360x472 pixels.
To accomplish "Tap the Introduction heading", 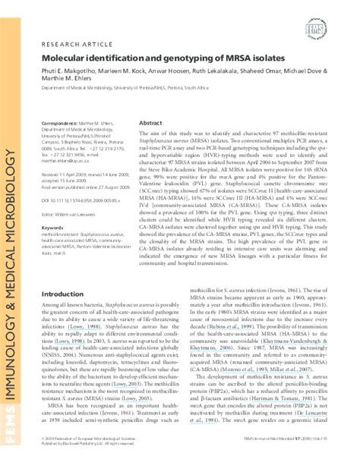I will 62,272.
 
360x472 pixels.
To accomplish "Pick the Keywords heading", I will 53,206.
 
